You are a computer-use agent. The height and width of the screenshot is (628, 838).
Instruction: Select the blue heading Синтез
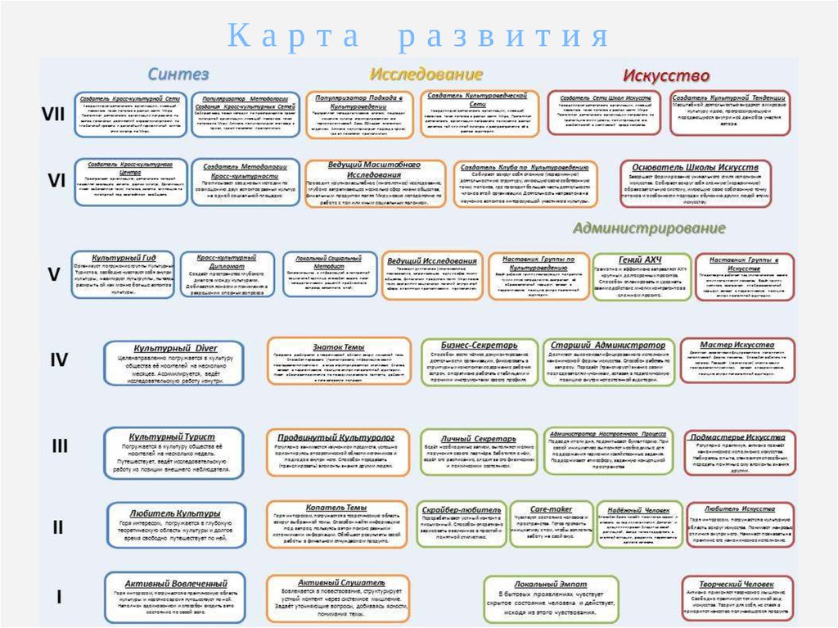(178, 74)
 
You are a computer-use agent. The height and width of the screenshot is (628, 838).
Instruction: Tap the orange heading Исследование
(414, 75)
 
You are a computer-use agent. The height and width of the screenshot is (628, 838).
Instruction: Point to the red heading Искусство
(666, 76)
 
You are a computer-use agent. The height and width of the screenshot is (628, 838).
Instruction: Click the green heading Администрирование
(649, 228)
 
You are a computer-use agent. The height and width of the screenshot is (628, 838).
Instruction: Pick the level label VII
(53, 115)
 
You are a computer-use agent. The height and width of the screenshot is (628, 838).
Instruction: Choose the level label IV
(59, 360)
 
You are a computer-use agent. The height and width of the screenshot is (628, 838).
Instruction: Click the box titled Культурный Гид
(124, 274)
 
